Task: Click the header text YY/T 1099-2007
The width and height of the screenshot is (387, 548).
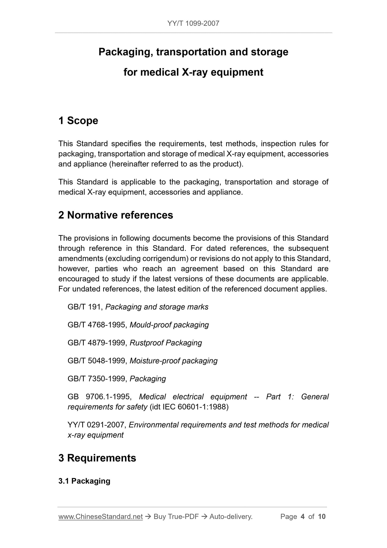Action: (x=193, y=23)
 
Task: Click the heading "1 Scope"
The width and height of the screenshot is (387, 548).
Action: (x=78, y=121)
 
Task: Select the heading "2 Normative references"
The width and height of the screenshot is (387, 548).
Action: (x=116, y=215)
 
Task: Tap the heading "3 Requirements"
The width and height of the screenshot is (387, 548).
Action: (x=97, y=458)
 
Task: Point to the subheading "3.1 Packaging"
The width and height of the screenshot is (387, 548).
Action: (x=84, y=481)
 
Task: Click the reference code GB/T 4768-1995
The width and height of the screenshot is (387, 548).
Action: (x=97, y=325)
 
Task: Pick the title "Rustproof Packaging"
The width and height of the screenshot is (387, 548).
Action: (x=166, y=343)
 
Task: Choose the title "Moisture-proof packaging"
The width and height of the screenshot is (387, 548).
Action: (x=174, y=361)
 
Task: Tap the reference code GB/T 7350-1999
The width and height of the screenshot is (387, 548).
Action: (x=97, y=379)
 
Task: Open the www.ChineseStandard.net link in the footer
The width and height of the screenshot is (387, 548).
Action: (x=100, y=517)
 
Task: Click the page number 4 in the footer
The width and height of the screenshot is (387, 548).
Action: (x=303, y=517)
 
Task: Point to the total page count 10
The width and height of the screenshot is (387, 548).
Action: (x=322, y=517)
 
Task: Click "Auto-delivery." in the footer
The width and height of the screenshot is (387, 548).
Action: (x=231, y=517)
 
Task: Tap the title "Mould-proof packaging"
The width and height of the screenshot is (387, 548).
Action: (x=169, y=325)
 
